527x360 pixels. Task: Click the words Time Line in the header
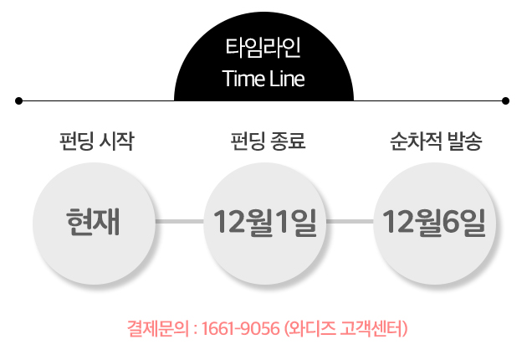point(263,80)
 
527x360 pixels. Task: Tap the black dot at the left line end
point(18,101)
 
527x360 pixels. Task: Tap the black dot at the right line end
point(505,101)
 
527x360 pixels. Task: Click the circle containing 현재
point(94,222)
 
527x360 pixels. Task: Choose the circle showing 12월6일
point(434,222)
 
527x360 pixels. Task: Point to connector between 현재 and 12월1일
point(179,222)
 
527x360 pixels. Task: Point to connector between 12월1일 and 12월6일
point(350,222)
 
